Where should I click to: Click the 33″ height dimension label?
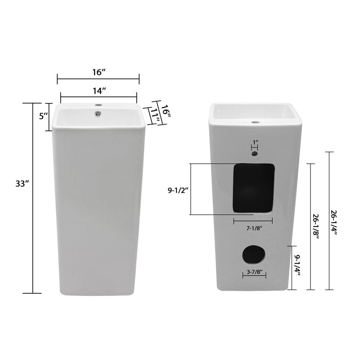(22, 184)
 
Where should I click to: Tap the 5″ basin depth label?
(43, 116)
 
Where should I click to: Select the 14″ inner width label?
(99, 91)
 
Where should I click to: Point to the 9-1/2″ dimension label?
(178, 190)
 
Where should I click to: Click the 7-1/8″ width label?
(254, 228)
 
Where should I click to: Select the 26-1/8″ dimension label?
(316, 227)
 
